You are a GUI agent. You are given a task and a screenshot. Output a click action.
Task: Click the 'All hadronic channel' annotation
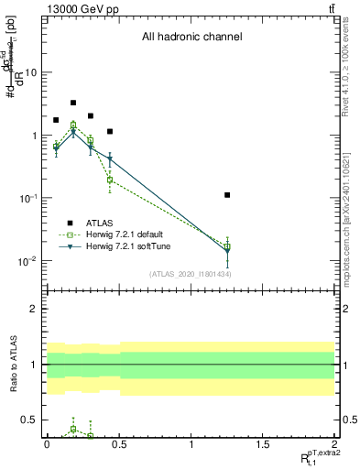tap(191, 38)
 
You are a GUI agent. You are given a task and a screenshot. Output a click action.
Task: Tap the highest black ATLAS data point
tap(73, 103)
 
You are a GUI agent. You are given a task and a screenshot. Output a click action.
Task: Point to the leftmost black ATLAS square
tap(56, 120)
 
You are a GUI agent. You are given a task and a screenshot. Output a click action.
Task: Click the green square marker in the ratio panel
tap(73, 429)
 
